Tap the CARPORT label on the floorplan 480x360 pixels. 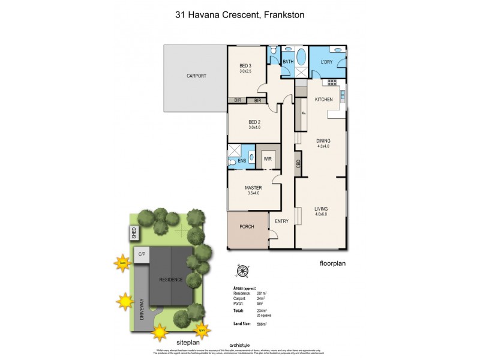[x=196, y=76]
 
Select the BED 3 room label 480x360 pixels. [x=245, y=66]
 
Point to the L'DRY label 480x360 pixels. [x=326, y=62]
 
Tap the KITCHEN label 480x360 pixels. [x=324, y=99]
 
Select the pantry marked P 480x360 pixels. [x=304, y=113]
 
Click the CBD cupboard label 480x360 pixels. [x=298, y=162]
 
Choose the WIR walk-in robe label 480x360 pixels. [x=268, y=159]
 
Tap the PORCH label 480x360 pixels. [x=247, y=226]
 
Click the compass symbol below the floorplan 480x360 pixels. [x=242, y=272]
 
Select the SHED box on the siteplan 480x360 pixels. [x=134, y=232]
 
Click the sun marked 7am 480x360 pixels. [x=122, y=263]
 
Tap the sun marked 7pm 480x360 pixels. [x=203, y=329]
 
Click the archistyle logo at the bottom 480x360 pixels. [x=239, y=345]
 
